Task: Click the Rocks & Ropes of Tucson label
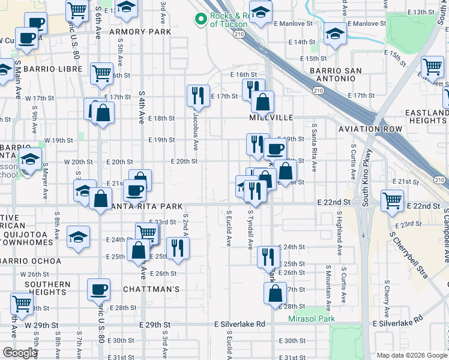229,20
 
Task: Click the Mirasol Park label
312,319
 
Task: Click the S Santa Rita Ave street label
314,144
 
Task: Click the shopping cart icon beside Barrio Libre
101,73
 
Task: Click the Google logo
20,352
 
